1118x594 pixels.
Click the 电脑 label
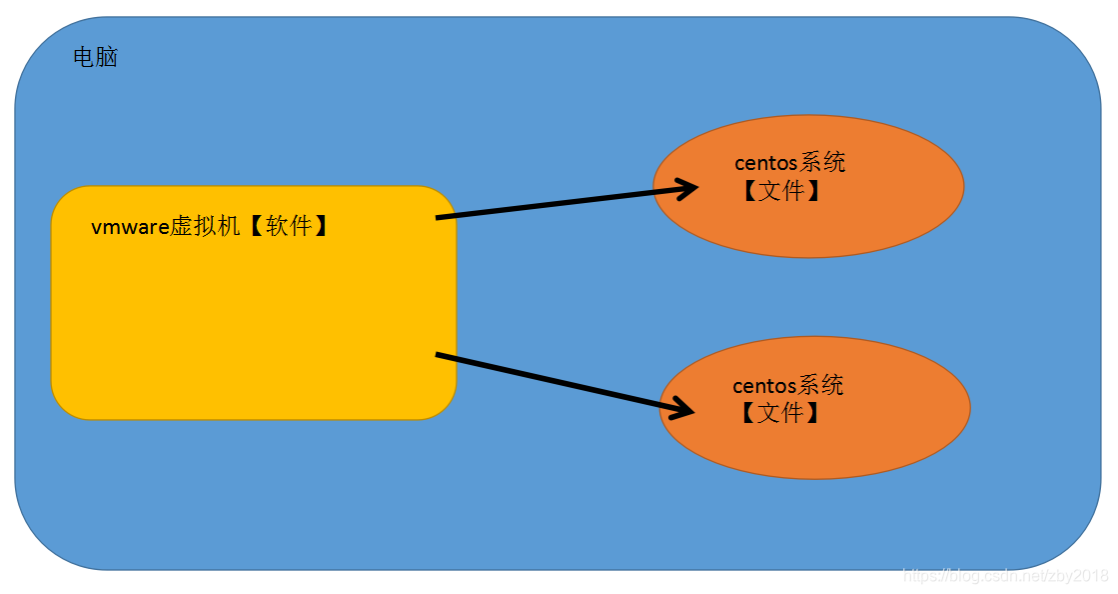tap(96, 58)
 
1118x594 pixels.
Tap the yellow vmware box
tap(253, 320)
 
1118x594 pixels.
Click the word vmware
tap(130, 227)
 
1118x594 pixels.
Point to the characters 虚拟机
tap(206, 227)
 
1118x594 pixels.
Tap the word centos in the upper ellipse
tap(766, 163)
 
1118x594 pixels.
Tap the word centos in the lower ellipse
tap(764, 386)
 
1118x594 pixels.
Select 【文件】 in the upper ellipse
tap(781, 190)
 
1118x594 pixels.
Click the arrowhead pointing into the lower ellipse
tap(684, 408)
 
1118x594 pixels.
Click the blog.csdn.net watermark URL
tap(1004, 576)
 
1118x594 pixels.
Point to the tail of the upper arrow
tap(440, 217)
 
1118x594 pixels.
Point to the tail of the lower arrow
tap(440, 355)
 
